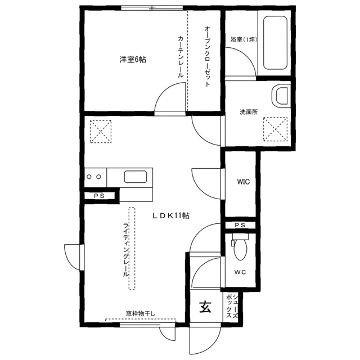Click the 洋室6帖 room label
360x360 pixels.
(132, 59)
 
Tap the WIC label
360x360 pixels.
(243, 182)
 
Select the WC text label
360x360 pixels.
(240, 273)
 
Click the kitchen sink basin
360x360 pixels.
(137, 177)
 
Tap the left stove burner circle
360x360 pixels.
(89, 177)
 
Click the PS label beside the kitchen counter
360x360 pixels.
(99, 196)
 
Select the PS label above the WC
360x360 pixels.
(240, 225)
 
